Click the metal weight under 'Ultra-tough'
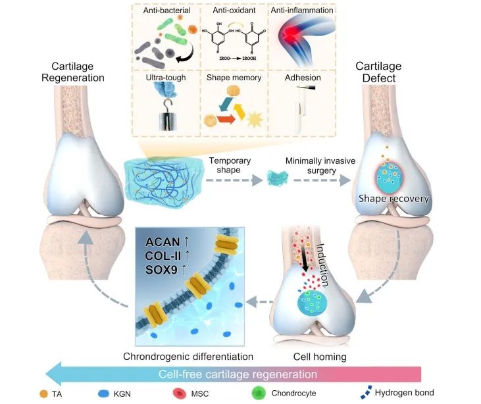coord(164,122)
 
